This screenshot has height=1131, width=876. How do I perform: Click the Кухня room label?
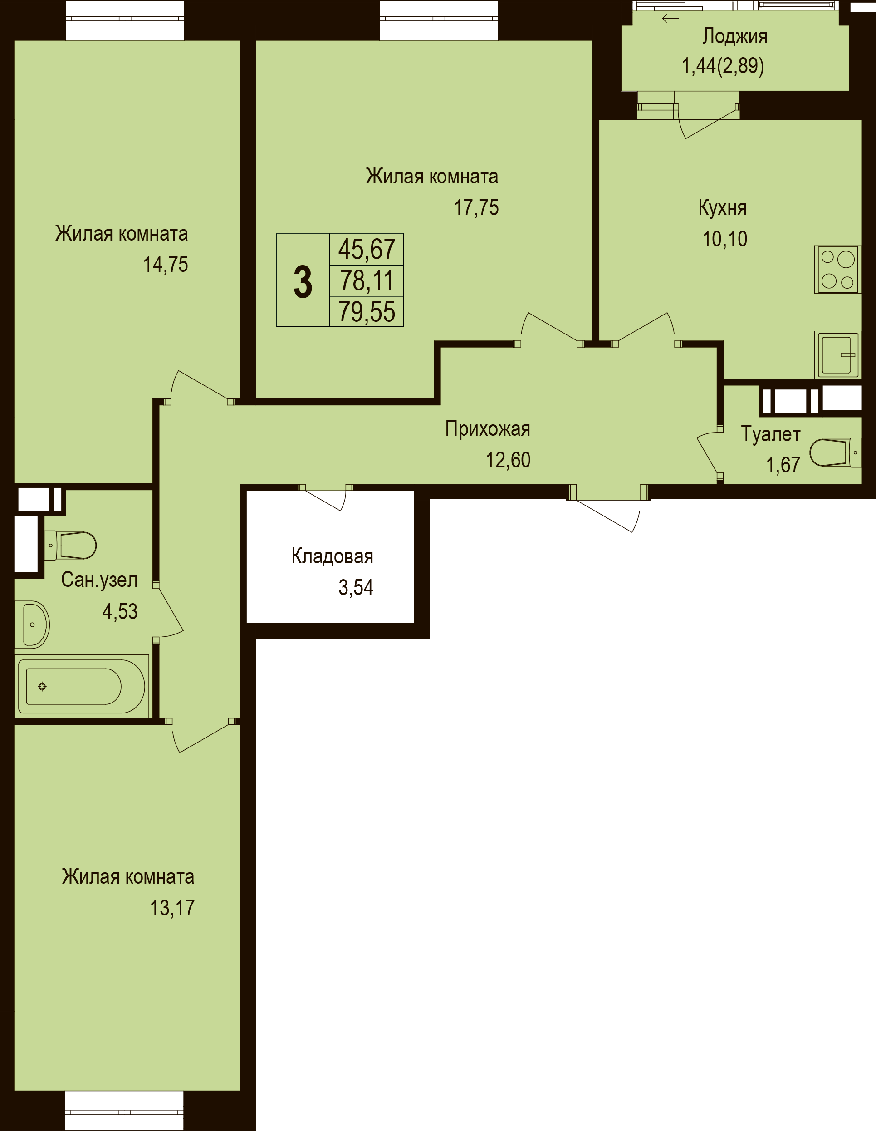coord(722,208)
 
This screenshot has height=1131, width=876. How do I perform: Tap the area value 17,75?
coord(476,208)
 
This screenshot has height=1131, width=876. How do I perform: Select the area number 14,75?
coord(166,265)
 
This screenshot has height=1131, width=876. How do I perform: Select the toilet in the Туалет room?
coord(835,452)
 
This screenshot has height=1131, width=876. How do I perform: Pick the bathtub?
coord(82,686)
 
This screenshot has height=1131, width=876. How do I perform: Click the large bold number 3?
coord(303,282)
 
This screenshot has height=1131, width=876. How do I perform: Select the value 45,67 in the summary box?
coord(367,249)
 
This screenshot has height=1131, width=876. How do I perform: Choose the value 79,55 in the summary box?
coord(367,312)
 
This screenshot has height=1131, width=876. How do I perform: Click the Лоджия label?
coord(734,37)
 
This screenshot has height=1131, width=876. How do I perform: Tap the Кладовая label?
coord(333,556)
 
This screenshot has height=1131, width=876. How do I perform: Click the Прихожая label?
coord(488,429)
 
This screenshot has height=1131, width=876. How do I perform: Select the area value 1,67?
coord(783,465)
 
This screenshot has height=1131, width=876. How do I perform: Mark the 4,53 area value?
coord(120,612)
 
